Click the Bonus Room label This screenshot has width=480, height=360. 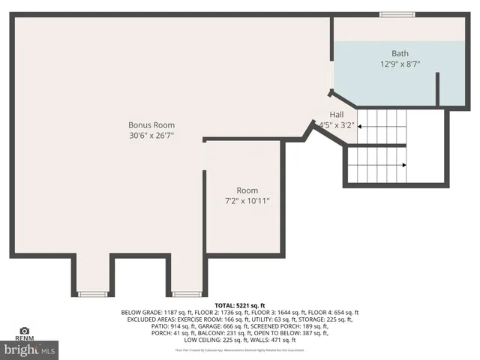(151, 124)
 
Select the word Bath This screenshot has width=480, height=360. (400, 53)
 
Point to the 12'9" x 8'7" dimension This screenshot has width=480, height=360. (400, 64)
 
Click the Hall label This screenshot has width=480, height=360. (337, 115)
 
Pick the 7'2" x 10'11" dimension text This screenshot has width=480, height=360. (247, 201)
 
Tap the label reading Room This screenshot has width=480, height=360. (247, 190)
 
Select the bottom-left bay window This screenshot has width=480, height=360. (92, 293)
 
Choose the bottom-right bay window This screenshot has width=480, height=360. (186, 293)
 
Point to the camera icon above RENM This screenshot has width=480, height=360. (24, 330)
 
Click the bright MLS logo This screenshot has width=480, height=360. (29, 349)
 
